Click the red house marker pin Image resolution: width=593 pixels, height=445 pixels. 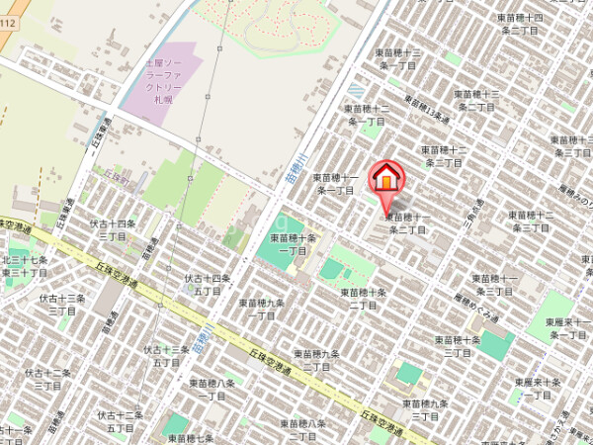pyautogui.click(x=385, y=178)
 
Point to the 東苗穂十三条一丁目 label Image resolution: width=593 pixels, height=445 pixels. pyautogui.click(x=398, y=58)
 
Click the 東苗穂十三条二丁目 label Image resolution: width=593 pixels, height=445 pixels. pyautogui.click(x=475, y=100)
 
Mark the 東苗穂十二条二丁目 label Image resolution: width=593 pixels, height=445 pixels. pyautogui.click(x=443, y=156)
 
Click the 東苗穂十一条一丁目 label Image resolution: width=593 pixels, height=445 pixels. pyautogui.click(x=334, y=183)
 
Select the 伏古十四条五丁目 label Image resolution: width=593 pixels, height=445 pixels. pyautogui.click(x=208, y=285)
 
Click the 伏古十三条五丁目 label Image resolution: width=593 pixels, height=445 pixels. pyautogui.click(x=167, y=356)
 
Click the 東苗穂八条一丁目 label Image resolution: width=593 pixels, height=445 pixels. pyautogui.click(x=212, y=389)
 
